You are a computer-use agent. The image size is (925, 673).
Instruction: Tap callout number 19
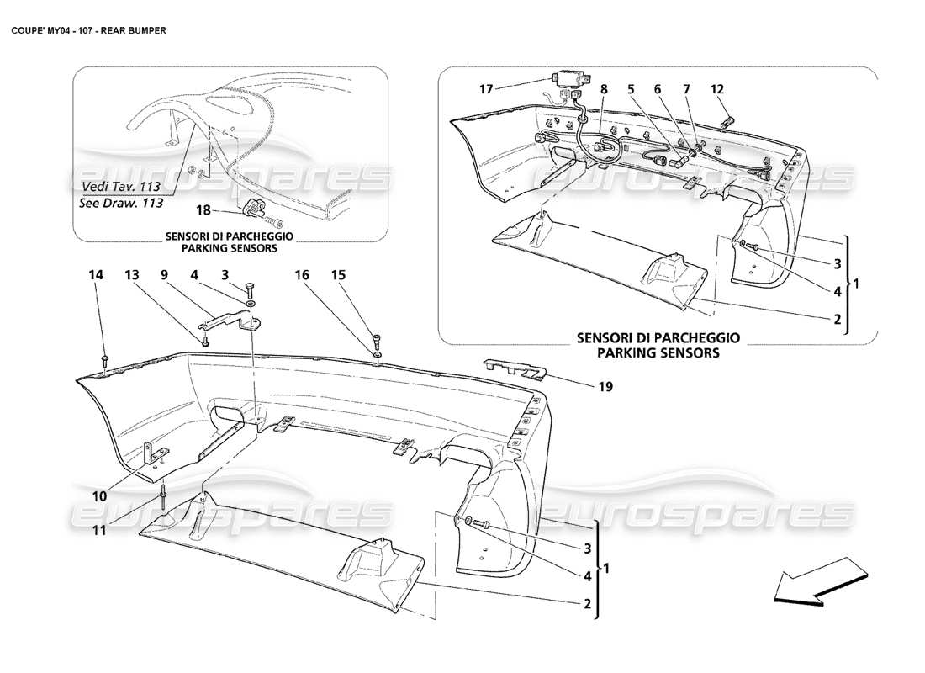(x=605, y=387)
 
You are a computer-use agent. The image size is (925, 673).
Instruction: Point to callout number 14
(x=97, y=274)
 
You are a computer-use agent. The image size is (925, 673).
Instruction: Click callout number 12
(x=716, y=88)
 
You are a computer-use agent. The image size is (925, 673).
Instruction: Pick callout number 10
(x=100, y=496)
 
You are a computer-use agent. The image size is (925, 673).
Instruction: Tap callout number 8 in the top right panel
(x=604, y=88)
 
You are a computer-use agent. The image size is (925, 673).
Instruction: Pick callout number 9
(x=164, y=274)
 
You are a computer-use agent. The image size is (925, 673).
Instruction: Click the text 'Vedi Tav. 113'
(x=123, y=187)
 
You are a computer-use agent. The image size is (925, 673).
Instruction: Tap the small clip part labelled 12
(x=728, y=121)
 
